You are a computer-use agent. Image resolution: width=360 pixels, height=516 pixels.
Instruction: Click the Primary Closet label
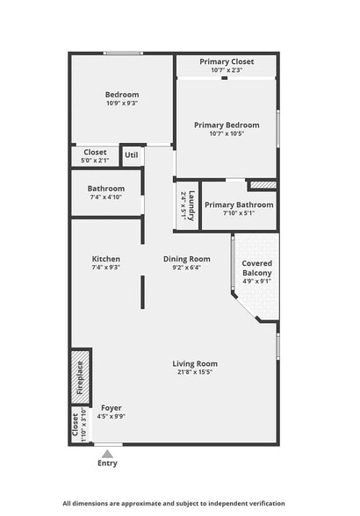[226, 61]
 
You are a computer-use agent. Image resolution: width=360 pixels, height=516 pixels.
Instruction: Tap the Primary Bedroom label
[227, 125]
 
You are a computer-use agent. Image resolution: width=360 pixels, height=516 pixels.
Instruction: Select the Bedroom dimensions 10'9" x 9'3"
[122, 104]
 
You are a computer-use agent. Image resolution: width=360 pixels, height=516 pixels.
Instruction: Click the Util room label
[132, 155]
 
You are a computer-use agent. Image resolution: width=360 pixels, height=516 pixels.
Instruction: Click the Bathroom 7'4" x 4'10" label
[105, 193]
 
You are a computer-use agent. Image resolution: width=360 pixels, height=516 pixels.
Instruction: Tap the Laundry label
[186, 205]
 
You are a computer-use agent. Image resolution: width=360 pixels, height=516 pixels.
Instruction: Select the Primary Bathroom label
[239, 204]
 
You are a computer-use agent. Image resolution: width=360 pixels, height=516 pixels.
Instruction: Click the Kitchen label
[105, 259]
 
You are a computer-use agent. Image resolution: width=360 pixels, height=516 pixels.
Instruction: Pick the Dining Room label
[187, 259]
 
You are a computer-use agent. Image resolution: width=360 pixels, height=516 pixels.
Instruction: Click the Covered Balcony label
[256, 268]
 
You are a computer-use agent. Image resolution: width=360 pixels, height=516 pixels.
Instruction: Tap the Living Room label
[194, 363]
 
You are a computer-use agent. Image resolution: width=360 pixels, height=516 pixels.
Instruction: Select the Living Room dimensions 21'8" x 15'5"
[194, 373]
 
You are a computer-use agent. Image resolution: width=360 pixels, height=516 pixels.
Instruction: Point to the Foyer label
[112, 407]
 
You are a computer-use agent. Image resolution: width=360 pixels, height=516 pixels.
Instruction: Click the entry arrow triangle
[107, 454]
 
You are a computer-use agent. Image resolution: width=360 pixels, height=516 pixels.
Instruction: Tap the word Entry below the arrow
[107, 463]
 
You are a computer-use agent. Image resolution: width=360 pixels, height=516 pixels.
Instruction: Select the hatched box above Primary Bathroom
[262, 185]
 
